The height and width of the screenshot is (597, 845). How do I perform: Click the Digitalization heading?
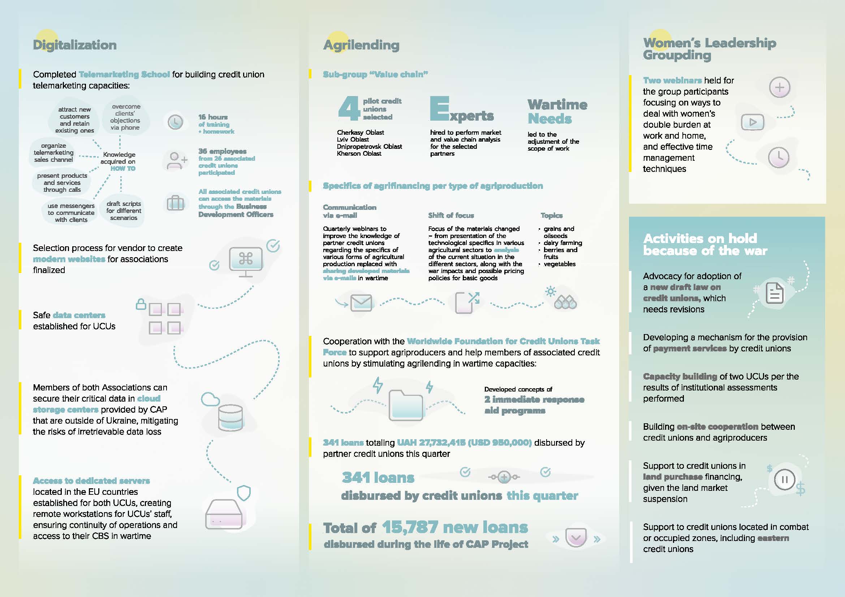(75, 45)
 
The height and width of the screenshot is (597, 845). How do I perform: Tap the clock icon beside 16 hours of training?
(175, 122)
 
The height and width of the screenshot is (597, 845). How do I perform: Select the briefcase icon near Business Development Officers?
(176, 203)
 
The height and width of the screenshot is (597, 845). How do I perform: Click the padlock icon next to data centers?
(141, 304)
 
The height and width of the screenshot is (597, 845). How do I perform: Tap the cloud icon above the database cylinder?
(210, 399)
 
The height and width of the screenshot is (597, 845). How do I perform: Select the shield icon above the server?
(243, 493)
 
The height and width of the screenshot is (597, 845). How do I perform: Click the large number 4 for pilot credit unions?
(349, 108)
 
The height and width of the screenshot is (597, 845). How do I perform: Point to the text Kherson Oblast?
(359, 153)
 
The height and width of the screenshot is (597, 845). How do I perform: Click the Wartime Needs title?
(557, 112)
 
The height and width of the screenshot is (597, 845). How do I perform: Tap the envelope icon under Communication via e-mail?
(361, 303)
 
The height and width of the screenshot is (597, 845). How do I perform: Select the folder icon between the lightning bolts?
(406, 405)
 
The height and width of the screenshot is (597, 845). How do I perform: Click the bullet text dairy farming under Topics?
(563, 243)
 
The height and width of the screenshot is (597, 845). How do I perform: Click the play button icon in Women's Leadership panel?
(752, 122)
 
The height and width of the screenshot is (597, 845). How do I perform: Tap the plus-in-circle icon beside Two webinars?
(780, 87)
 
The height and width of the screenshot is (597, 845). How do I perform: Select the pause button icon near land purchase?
(784, 480)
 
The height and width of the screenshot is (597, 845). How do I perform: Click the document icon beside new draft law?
(774, 293)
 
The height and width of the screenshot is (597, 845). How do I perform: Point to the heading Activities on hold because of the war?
(705, 245)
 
